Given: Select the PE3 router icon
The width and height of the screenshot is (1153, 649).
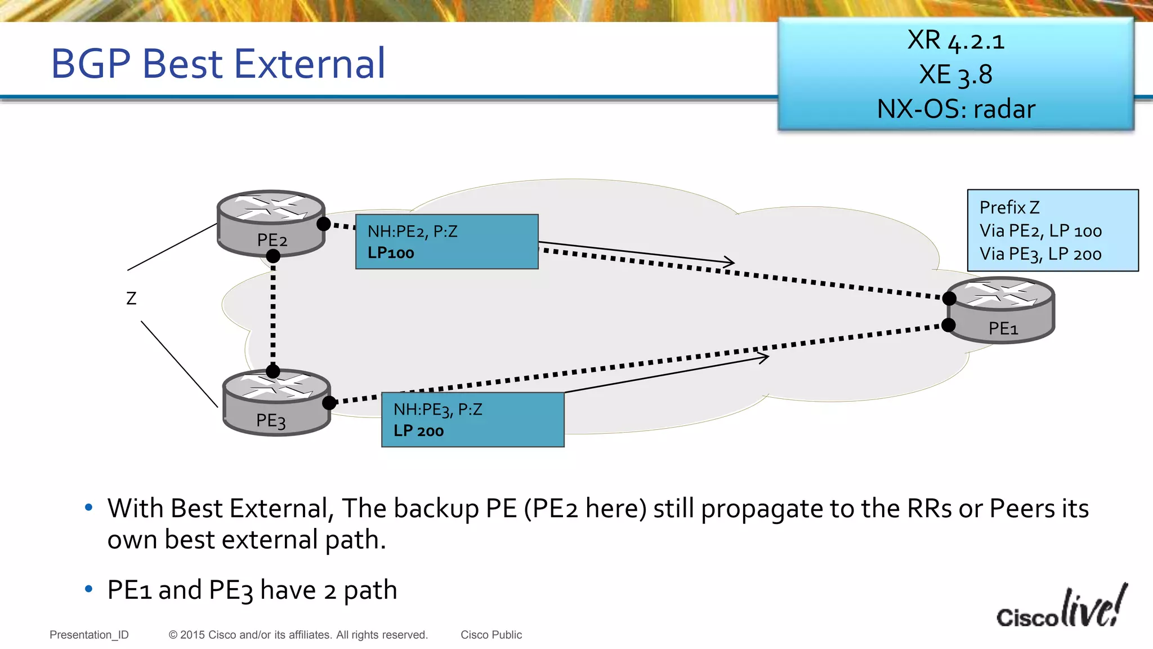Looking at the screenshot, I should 276,402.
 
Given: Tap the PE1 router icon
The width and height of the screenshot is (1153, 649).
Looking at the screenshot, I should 1001,310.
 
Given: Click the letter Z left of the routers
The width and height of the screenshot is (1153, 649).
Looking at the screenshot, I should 131,298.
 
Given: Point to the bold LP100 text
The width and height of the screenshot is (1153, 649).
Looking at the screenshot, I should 391,253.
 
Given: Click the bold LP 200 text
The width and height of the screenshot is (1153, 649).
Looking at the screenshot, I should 418,431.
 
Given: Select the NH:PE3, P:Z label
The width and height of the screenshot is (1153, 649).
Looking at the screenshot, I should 437,410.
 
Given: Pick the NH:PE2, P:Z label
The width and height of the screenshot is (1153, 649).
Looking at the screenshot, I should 412,232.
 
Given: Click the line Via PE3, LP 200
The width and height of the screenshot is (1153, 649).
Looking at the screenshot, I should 1040,254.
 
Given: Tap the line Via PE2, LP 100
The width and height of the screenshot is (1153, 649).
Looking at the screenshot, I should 1040,231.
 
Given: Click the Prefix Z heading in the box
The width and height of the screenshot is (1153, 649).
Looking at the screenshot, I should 1009,207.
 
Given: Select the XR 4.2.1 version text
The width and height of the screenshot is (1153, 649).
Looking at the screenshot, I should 955,41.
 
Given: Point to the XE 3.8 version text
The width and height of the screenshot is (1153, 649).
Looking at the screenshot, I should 955,75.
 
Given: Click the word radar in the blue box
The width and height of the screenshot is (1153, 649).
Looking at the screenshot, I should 1004,109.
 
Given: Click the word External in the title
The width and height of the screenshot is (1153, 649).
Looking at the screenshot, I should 310,63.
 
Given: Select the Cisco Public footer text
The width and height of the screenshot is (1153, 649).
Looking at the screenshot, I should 491,635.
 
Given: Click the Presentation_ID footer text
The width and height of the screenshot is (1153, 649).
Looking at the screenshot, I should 89,635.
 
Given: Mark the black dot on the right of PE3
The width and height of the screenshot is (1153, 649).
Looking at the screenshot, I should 329,402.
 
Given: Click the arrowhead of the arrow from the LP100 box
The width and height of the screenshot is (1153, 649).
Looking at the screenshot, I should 731,262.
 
